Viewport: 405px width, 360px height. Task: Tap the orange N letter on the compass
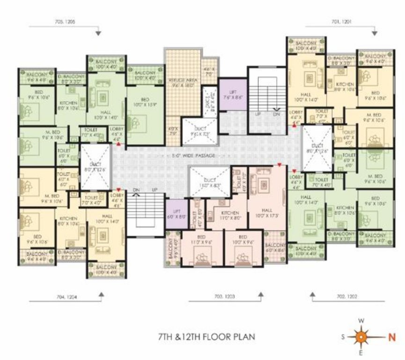(x=391, y=336)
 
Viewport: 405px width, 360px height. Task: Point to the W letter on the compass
(x=361, y=321)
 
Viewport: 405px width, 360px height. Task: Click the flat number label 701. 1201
(x=341, y=22)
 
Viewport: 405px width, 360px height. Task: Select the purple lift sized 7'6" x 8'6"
(x=233, y=95)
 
